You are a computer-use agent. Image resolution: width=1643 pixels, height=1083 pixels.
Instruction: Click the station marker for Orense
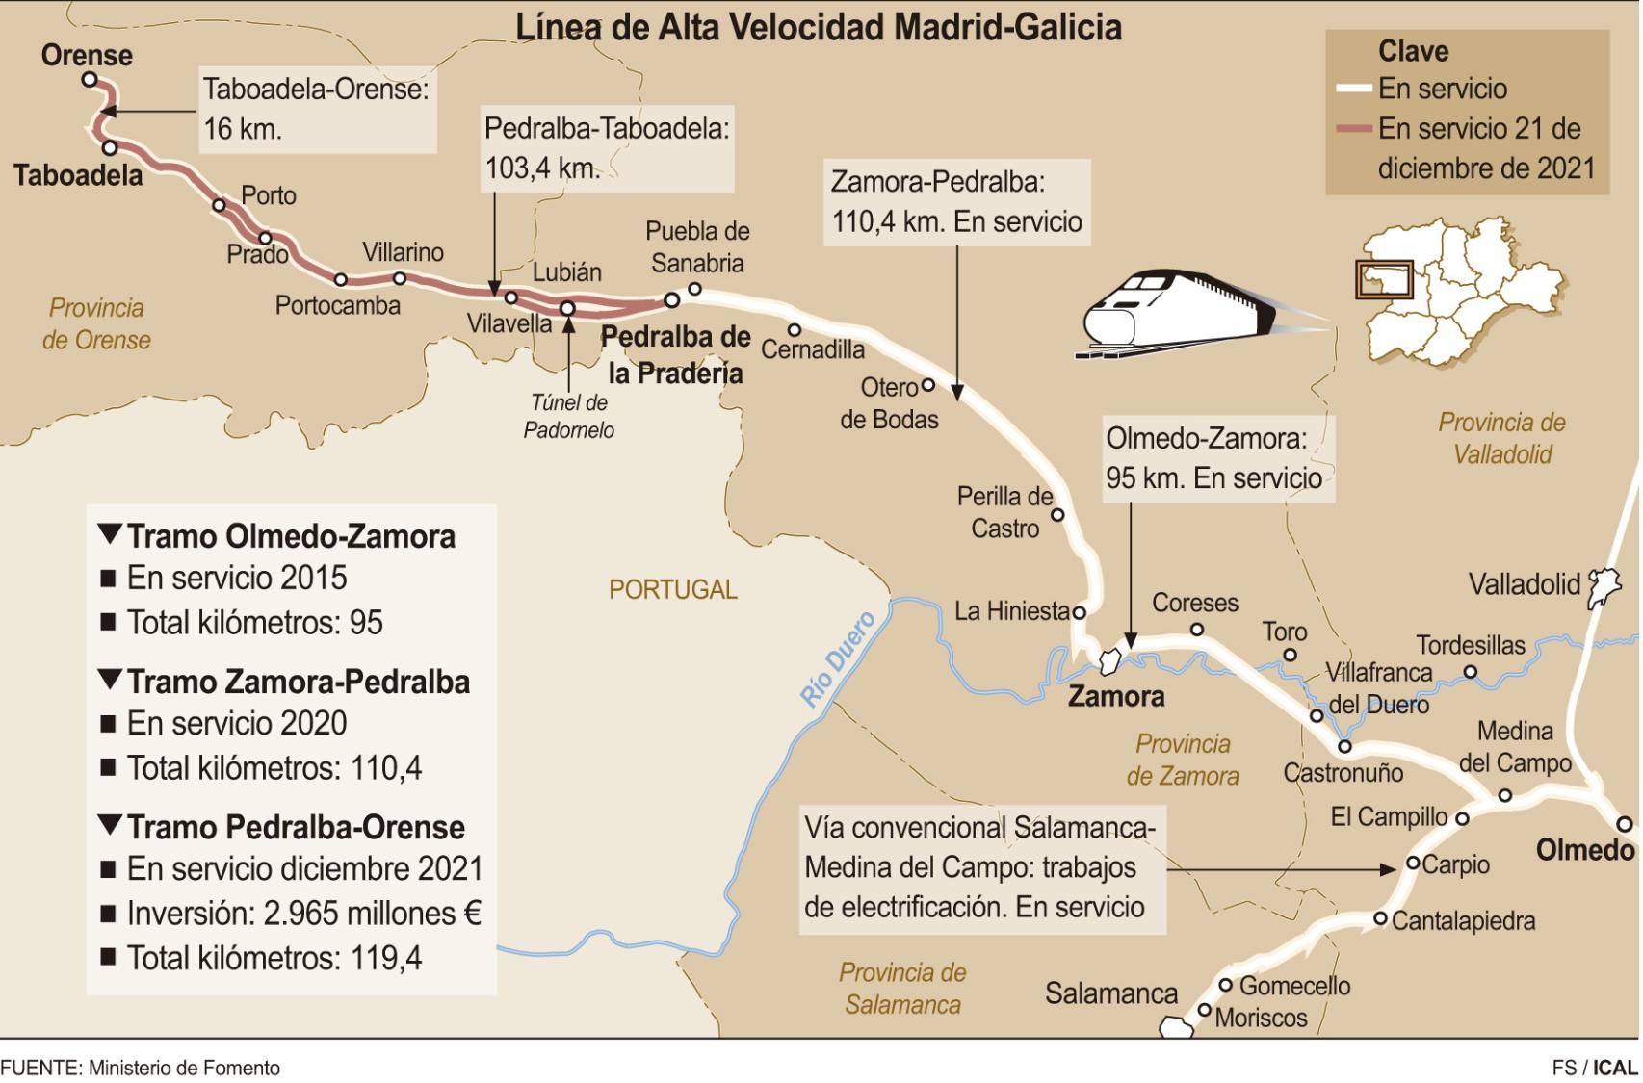(90, 80)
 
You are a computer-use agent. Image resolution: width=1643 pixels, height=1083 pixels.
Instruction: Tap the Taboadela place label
(78, 175)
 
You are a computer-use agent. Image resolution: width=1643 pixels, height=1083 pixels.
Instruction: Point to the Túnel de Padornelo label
(568, 416)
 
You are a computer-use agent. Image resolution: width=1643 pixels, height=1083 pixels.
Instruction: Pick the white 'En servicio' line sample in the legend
(1353, 90)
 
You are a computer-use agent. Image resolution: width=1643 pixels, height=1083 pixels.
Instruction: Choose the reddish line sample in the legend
(1353, 129)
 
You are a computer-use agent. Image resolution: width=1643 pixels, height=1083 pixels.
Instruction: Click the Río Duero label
(838, 658)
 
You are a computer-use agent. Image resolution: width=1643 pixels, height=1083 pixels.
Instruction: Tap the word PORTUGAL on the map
(672, 589)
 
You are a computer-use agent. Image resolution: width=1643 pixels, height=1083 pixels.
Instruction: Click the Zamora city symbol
(1108, 662)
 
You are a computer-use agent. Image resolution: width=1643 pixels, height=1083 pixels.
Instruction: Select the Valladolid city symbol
(1604, 586)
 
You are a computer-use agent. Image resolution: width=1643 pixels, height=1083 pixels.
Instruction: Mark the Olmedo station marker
(1625, 824)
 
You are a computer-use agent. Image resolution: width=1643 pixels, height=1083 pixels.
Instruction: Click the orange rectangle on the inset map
(1384, 279)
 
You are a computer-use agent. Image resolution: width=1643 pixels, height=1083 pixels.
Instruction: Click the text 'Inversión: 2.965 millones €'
(303, 913)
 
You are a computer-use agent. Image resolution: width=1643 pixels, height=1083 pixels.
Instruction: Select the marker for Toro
(1291, 656)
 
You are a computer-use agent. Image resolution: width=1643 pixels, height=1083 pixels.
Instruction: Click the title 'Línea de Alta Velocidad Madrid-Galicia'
(819, 27)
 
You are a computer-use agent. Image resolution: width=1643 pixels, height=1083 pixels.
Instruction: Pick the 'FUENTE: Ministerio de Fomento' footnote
(141, 1068)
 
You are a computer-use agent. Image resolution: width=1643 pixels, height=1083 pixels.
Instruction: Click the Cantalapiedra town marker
(1380, 919)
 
